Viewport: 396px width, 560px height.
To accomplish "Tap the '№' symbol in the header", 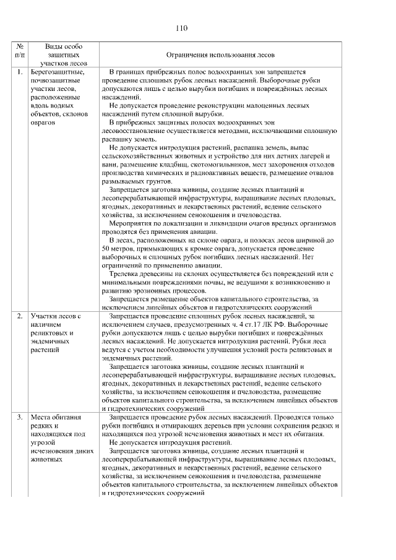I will (20, 46).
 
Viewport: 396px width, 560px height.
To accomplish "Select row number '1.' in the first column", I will (20, 72).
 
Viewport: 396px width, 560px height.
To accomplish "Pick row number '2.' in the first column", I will (20, 316).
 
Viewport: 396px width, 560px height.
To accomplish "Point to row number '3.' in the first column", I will (20, 418).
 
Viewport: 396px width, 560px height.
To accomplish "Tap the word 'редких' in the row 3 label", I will (41, 426).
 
